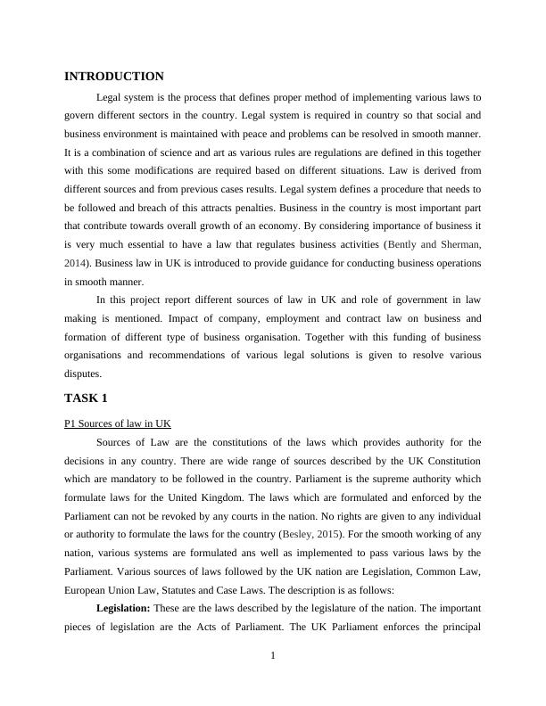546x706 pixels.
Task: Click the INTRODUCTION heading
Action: point(114,77)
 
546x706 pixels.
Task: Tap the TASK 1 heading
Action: point(86,398)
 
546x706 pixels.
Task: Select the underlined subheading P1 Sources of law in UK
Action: point(118,423)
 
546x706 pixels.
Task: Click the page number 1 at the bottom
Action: point(273,657)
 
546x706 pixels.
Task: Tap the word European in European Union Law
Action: point(87,590)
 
